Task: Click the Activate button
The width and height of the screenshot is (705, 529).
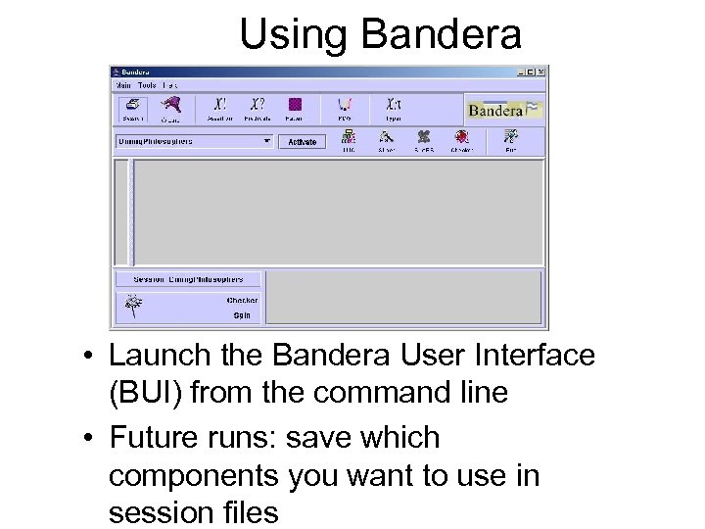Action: pyautogui.click(x=302, y=142)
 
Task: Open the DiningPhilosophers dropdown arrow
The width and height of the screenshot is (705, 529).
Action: pyautogui.click(x=267, y=141)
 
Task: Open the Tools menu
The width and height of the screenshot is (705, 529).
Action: pyautogui.click(x=147, y=85)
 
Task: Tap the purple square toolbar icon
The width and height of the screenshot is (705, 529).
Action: pyautogui.click(x=295, y=104)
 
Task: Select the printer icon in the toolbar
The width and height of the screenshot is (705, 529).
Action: pyautogui.click(x=128, y=106)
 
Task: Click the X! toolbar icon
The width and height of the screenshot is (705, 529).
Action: pyautogui.click(x=219, y=104)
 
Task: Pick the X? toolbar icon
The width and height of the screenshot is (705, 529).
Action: pyautogui.click(x=257, y=104)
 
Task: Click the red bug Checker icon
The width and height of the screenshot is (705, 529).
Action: pyautogui.click(x=460, y=137)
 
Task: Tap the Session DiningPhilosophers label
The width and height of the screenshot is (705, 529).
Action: pyautogui.click(x=188, y=279)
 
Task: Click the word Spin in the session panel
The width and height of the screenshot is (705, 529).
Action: pyautogui.click(x=241, y=315)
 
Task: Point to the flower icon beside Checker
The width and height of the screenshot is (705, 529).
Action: pyautogui.click(x=131, y=307)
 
